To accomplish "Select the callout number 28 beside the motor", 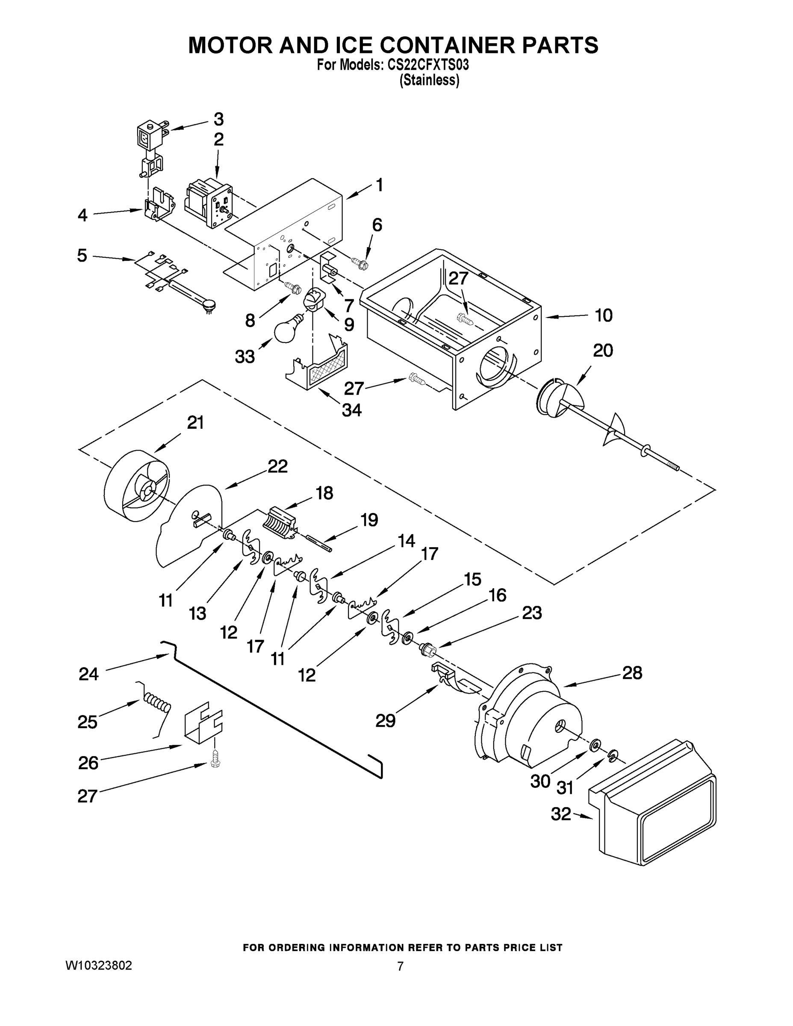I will pyautogui.click(x=632, y=673).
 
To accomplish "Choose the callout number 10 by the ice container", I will pyautogui.click(x=603, y=315).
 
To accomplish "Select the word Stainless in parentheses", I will pyautogui.click(x=429, y=80).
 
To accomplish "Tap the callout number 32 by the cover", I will pyautogui.click(x=560, y=813).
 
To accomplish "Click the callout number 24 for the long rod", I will pyautogui.click(x=88, y=674).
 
